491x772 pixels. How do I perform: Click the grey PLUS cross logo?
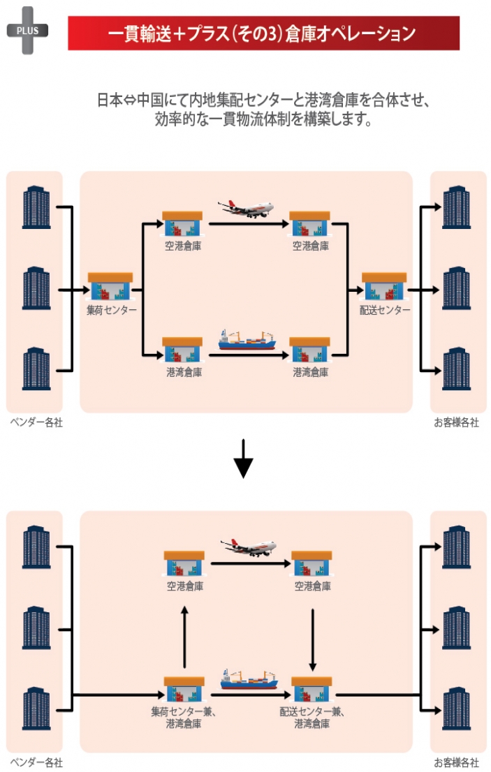click(27, 31)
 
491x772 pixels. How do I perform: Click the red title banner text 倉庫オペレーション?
click(350, 34)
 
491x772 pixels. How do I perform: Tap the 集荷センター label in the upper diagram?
click(111, 310)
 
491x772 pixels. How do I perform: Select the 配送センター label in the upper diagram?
click(385, 310)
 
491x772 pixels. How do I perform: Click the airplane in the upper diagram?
click(246, 209)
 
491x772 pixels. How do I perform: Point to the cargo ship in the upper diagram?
click(247, 340)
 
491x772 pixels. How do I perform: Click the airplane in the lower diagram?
click(248, 547)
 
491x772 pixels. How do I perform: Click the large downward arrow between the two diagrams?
click(243, 459)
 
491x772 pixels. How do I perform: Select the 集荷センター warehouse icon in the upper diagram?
click(110, 286)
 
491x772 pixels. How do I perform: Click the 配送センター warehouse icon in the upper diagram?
click(384, 286)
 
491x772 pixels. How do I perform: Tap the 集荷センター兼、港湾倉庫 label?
click(184, 718)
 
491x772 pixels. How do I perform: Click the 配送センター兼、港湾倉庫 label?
click(312, 718)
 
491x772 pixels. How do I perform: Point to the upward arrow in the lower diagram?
click(184, 637)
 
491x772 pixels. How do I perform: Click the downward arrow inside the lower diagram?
click(312, 640)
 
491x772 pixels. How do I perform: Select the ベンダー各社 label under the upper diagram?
click(36, 422)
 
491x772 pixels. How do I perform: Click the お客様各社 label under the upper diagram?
click(457, 422)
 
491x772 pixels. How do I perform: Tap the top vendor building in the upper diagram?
click(36, 207)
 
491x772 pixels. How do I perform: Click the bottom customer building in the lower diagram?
click(457, 708)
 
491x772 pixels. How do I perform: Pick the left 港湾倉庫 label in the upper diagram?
click(184, 373)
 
